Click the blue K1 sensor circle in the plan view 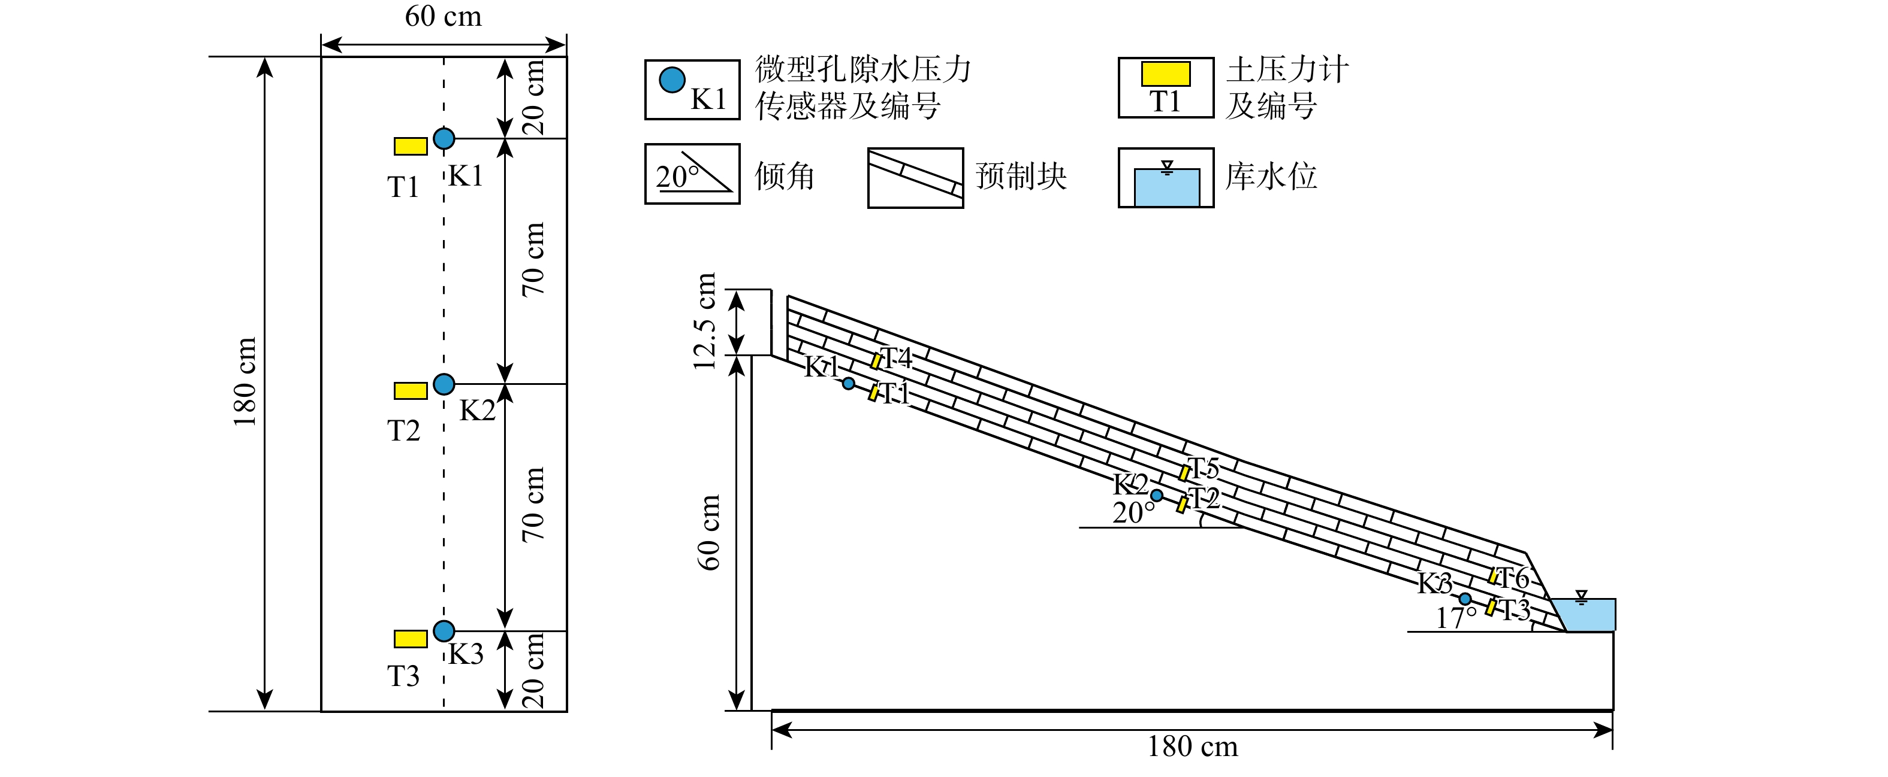point(444,138)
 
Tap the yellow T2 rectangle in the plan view point(411,391)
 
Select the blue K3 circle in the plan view point(444,630)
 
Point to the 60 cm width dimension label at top point(443,16)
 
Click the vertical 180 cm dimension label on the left point(245,383)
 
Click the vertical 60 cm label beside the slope point(708,532)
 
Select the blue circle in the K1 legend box point(671,79)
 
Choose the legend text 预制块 point(1020,177)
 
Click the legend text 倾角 point(784,177)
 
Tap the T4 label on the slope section point(895,358)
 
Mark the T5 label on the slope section point(1203,468)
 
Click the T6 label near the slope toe point(1512,578)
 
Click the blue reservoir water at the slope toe point(1587,616)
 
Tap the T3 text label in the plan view point(403,676)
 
